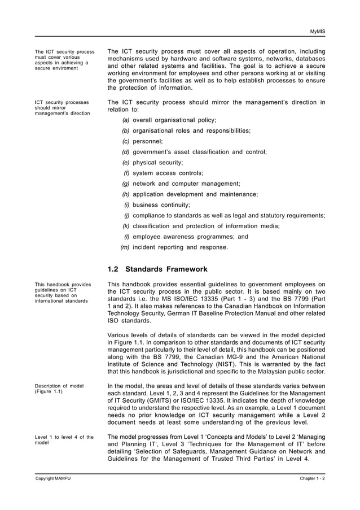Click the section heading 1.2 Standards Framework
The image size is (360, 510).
coord(157,269)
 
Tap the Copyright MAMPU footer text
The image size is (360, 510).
coord(53,479)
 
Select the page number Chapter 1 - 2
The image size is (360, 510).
coord(312,479)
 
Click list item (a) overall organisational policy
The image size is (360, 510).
coord(169,120)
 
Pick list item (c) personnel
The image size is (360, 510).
coord(143,141)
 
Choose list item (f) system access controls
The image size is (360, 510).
coord(163,173)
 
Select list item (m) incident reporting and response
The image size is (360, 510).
coord(174,247)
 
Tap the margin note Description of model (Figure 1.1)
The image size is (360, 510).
coord(59,389)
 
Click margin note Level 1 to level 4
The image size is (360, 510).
coord(64,440)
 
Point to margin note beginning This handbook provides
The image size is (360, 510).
coord(62,293)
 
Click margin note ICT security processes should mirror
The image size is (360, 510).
coord(62,107)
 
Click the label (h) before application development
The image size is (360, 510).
coord(126,194)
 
